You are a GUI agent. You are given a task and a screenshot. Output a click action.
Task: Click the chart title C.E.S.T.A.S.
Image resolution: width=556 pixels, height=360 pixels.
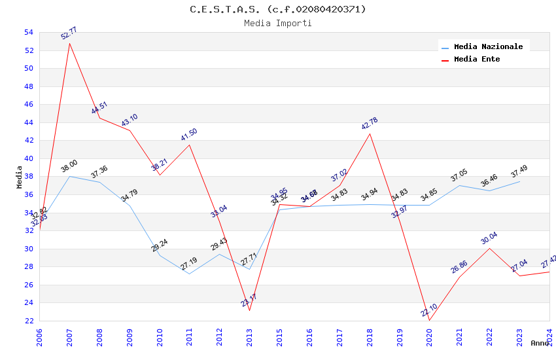click(278, 9)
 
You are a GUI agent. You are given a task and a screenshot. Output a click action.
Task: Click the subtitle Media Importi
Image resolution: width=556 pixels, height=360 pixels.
click(278, 23)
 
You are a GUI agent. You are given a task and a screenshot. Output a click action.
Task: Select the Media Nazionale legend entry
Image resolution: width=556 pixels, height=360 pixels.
click(488, 46)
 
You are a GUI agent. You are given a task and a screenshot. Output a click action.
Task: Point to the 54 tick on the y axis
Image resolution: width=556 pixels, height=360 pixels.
click(28, 32)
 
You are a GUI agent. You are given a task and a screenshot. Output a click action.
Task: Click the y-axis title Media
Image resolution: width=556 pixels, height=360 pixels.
click(19, 177)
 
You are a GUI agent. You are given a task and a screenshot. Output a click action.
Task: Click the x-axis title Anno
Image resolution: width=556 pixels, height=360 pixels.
click(540, 343)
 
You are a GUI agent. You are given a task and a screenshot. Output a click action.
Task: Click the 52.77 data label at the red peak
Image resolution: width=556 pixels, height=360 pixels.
click(69, 33)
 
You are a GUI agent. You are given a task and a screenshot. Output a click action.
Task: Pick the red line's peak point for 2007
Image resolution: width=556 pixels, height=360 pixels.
click(69, 43)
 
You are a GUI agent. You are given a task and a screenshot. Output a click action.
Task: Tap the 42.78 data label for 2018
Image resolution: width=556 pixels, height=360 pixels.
click(370, 124)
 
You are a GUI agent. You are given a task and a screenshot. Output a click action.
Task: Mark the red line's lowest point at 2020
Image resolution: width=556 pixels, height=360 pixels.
click(429, 320)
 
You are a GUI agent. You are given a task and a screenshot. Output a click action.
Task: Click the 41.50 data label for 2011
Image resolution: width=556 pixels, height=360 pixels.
click(189, 135)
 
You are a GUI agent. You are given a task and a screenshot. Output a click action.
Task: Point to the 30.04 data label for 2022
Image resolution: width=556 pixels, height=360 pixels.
click(489, 238)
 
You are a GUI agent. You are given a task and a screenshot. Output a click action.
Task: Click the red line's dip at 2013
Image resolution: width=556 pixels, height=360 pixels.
click(249, 310)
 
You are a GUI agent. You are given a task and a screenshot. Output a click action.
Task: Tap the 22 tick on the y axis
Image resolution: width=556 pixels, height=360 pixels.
click(28, 321)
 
